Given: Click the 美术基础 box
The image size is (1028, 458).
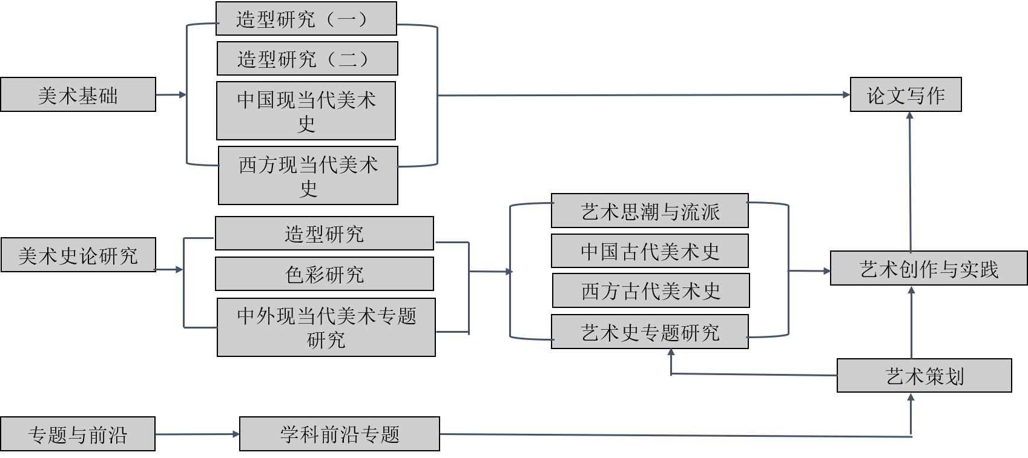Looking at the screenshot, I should click(x=77, y=94).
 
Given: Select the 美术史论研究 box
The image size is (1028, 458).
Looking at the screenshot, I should click(x=78, y=255).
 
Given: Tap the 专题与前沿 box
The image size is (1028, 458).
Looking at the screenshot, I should click(x=77, y=434).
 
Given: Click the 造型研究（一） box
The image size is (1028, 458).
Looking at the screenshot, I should click(x=306, y=19).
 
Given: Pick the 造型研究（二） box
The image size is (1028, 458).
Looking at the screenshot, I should click(x=307, y=59).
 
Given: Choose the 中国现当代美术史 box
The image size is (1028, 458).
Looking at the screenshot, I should click(x=306, y=111).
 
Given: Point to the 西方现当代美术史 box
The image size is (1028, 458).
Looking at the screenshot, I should click(x=308, y=175).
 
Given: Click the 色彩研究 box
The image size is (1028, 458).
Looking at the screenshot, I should click(x=324, y=274).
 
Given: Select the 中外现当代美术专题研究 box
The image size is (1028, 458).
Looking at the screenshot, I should click(x=326, y=327).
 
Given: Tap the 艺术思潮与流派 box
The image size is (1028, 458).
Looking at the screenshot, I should click(x=650, y=211).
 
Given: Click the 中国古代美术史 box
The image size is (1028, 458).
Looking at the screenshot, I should click(x=650, y=251).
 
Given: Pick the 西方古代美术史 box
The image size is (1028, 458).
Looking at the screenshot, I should click(x=651, y=291).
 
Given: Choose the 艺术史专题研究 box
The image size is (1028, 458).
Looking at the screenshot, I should click(x=650, y=332).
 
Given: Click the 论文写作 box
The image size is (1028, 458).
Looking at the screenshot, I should click(x=906, y=94).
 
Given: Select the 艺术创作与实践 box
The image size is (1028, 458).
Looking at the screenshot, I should click(x=929, y=268).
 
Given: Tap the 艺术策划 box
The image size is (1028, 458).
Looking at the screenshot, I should click(x=924, y=376).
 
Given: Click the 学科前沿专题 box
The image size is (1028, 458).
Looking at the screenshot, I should click(x=339, y=434).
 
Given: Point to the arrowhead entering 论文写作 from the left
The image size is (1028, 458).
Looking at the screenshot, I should click(x=846, y=94).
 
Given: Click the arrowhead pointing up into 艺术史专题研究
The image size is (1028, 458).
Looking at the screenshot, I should click(x=671, y=352).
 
